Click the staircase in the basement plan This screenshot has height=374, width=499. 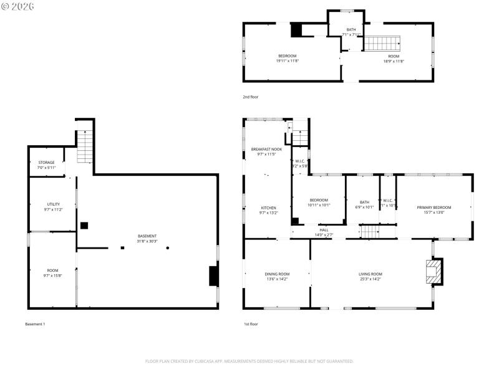coord(84,146)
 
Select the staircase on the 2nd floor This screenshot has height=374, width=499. coord(382,44)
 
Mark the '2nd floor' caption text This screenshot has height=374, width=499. coord(251,97)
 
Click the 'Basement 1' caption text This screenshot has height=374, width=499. coord(35,324)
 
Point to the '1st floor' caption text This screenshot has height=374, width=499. coord(251,324)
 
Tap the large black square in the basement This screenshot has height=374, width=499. coord(84,226)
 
